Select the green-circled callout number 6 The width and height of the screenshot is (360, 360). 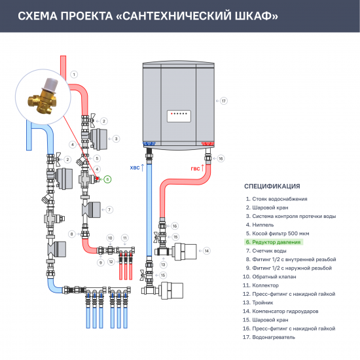(108, 179)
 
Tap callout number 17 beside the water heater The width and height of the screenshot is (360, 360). (223, 101)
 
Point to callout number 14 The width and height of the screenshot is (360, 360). (206, 251)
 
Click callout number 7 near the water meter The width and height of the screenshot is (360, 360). (109, 209)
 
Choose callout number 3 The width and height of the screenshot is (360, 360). (116, 139)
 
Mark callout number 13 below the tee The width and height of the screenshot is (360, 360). (164, 264)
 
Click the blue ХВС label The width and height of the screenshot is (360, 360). (135, 168)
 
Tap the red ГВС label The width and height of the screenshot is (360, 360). (195, 168)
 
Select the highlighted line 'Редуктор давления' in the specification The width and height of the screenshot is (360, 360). (274, 242)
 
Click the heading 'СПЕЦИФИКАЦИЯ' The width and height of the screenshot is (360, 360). (272, 185)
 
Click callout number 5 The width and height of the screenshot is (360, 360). (96, 158)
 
